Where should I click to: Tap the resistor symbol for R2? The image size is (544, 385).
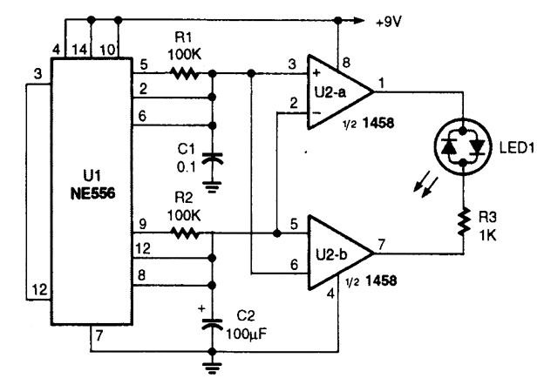186,233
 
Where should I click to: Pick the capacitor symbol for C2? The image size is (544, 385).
210,321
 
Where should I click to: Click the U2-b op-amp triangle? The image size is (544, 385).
335,253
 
